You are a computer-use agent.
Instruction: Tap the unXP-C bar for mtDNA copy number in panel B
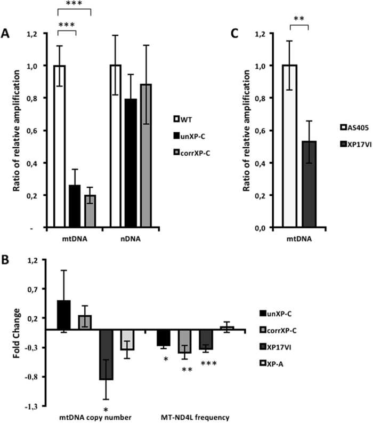64,315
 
